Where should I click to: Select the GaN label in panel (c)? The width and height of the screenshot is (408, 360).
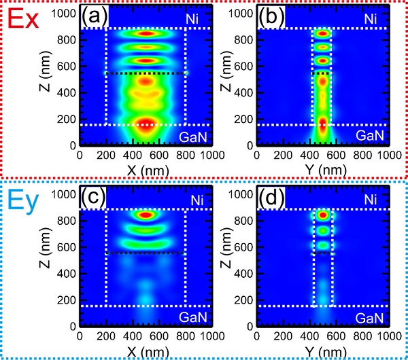click(194, 316)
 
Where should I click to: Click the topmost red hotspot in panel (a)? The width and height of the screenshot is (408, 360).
click(146, 33)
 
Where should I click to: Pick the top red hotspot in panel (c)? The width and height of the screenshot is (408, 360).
click(146, 215)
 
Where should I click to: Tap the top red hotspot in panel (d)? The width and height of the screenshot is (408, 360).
click(323, 215)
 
